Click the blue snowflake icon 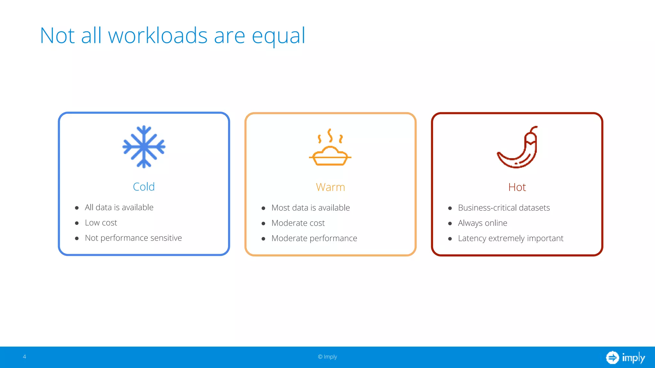click(x=144, y=147)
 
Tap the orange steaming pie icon click(x=330, y=149)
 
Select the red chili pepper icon click(x=518, y=148)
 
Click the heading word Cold click(x=144, y=187)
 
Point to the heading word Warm click(x=330, y=187)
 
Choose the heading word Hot click(x=517, y=187)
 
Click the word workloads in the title click(x=158, y=35)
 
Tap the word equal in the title click(x=279, y=36)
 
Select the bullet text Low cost click(x=101, y=223)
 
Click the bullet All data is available click(x=119, y=207)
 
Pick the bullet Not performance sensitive click(x=133, y=238)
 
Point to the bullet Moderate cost click(x=298, y=223)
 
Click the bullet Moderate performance click(x=314, y=238)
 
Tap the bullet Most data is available click(x=310, y=208)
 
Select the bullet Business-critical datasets click(x=504, y=208)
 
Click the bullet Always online click(x=482, y=223)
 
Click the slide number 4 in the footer click(x=24, y=356)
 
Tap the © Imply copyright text click(x=327, y=357)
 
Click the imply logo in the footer click(x=625, y=357)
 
